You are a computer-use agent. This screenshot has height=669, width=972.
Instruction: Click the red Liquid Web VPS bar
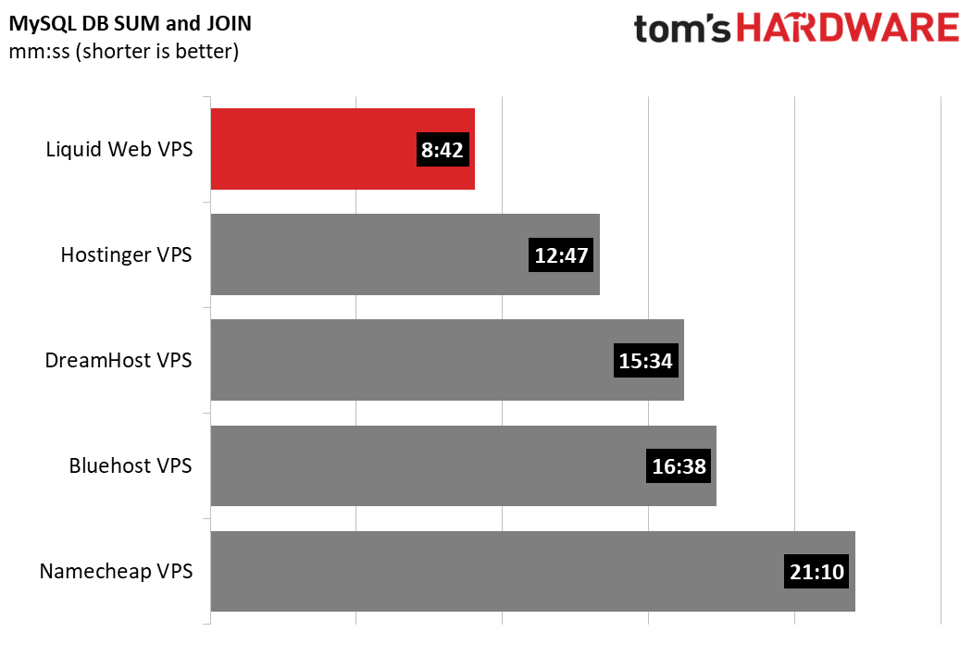tap(315, 149)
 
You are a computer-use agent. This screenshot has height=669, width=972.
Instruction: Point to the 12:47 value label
tap(562, 255)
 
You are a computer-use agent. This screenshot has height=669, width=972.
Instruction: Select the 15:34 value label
tap(645, 361)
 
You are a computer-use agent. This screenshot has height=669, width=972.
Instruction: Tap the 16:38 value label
tap(679, 466)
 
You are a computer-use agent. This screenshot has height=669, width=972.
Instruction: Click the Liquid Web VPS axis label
tap(119, 149)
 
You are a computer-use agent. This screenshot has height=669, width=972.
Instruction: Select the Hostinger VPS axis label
tap(127, 254)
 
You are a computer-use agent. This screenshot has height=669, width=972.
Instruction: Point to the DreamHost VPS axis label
tap(118, 360)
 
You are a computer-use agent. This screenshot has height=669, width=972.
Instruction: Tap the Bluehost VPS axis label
tap(131, 465)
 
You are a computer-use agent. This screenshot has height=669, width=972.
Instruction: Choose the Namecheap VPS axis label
tap(116, 572)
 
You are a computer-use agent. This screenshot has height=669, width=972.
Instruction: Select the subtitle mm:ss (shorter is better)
tap(124, 51)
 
